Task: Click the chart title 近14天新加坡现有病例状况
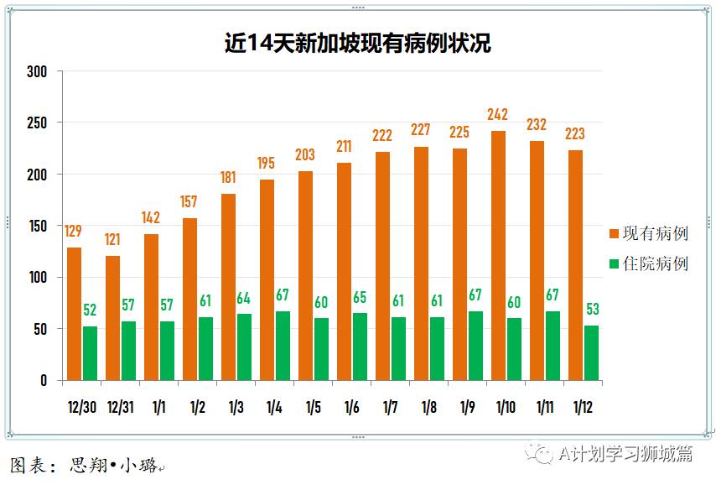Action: coord(357,44)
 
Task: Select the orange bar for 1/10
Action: coord(498,256)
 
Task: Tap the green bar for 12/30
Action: coord(90,353)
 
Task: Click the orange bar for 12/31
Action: coord(112,318)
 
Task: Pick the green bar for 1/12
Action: coord(591,353)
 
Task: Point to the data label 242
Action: coord(498,115)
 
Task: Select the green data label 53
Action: coord(592,309)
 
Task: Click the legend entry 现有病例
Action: coord(649,233)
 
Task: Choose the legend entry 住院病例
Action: coord(649,263)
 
